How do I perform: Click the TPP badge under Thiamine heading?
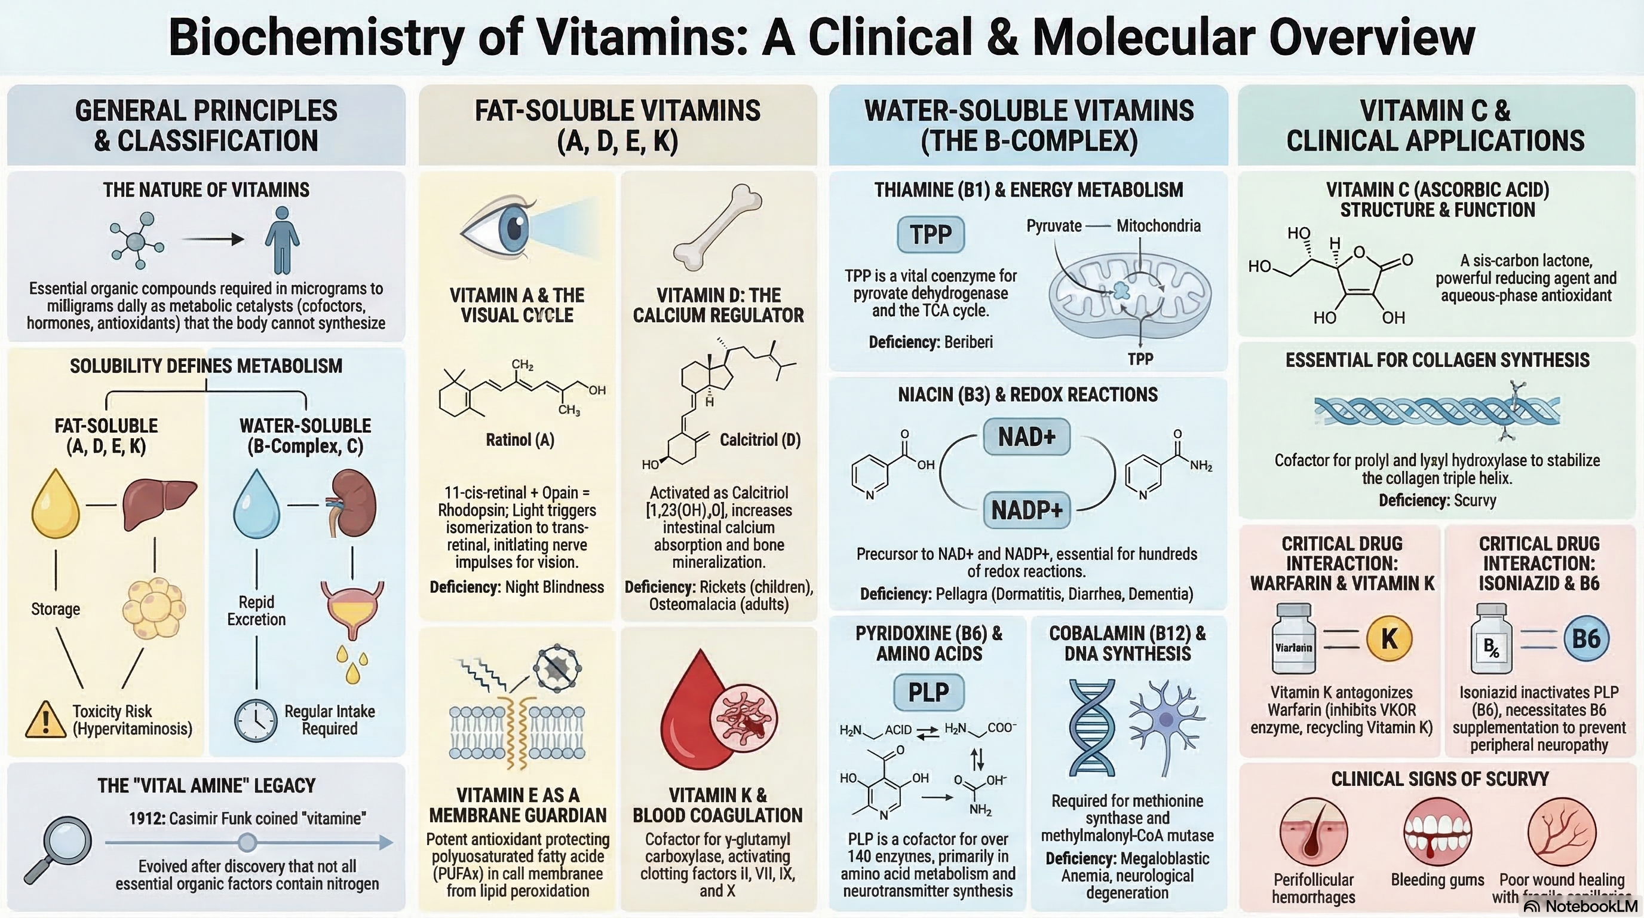(931, 235)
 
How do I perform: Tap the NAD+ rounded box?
(1026, 437)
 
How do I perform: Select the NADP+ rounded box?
(1026, 510)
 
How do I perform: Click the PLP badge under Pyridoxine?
(928, 692)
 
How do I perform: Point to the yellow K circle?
(1389, 638)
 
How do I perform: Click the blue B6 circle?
(1586, 638)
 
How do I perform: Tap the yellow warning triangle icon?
(45, 720)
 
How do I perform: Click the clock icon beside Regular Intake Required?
(256, 720)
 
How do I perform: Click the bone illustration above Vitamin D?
(717, 227)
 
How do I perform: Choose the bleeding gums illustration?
(1437, 831)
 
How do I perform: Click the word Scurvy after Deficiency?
(1474, 500)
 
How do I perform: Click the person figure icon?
(282, 240)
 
